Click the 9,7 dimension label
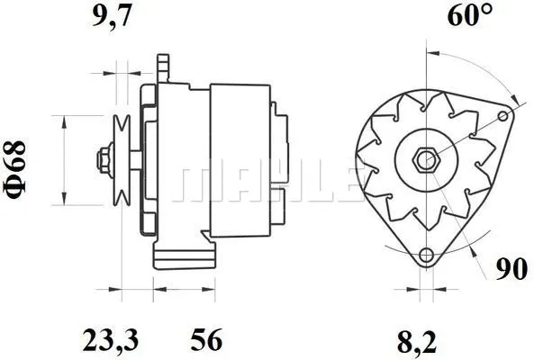[x=115, y=15]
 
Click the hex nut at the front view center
[x=425, y=159]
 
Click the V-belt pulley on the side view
[x=123, y=160]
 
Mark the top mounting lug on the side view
[x=163, y=67]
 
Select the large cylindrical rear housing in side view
[x=240, y=161]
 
